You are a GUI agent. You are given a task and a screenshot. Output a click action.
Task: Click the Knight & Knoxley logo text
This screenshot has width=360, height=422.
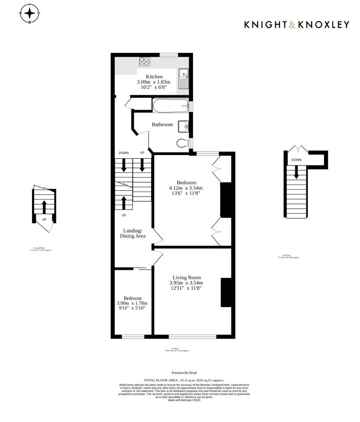pos(297,25)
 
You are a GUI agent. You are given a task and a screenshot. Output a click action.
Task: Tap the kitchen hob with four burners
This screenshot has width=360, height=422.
pos(144,61)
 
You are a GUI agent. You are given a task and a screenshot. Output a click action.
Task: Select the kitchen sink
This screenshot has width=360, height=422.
pos(183,78)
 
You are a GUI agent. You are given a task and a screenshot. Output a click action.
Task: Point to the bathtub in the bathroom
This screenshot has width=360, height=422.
pos(170,105)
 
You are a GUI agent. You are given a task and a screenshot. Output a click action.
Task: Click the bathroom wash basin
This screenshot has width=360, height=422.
pos(183,127)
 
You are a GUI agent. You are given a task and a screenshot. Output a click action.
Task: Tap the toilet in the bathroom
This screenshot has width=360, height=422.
pos(182,143)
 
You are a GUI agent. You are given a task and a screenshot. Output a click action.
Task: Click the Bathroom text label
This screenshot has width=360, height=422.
pos(162,124)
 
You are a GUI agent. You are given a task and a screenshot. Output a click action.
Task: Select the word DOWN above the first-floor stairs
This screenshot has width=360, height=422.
pos(124,153)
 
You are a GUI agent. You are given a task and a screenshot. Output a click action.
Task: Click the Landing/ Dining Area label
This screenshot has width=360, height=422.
pos(133,233)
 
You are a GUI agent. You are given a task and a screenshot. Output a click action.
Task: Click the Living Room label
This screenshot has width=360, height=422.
pos(186,277)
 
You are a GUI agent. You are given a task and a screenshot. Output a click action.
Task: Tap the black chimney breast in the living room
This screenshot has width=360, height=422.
pos(226,292)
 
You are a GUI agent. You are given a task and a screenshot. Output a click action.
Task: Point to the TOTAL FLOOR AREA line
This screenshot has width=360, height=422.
pos(184,380)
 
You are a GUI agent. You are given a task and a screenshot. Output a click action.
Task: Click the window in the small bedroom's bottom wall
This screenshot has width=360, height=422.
pos(133,337)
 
